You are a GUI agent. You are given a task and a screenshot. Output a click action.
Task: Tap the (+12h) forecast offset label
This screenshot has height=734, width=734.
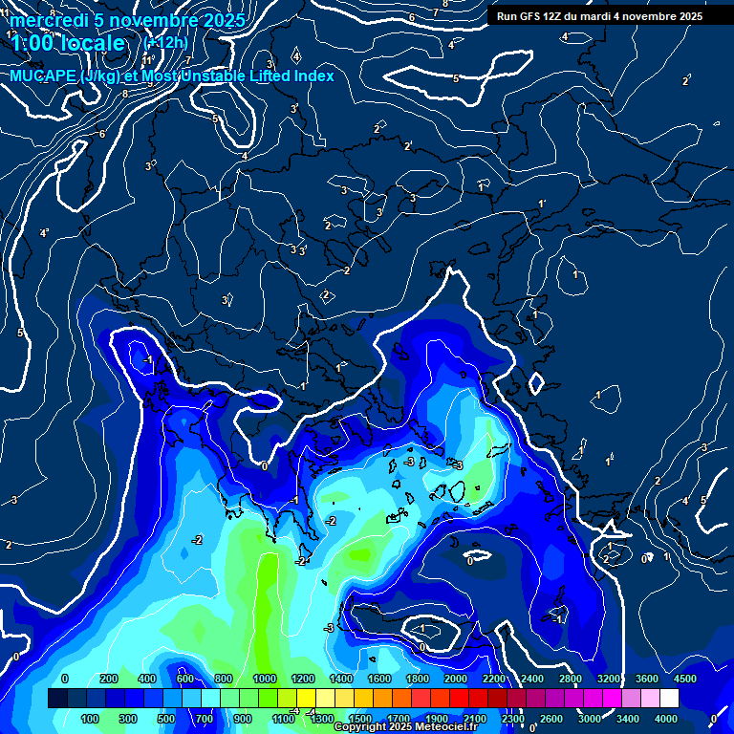[x=165, y=43]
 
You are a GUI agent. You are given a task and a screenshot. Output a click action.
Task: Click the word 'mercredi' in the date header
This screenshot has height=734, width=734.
[x=48, y=20]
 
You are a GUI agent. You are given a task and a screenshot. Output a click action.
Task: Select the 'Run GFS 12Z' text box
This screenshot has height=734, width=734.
[x=599, y=16]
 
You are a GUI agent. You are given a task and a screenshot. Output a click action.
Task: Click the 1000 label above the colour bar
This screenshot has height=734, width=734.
[x=265, y=679]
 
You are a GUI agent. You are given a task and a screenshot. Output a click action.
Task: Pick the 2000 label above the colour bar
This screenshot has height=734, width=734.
[x=456, y=679]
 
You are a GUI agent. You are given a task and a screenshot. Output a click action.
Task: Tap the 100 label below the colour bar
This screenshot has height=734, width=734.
[x=90, y=719]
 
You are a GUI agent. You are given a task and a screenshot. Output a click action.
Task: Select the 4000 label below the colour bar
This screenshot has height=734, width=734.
[x=666, y=719]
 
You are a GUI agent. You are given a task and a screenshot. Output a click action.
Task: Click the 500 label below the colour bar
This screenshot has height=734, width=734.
[x=166, y=719]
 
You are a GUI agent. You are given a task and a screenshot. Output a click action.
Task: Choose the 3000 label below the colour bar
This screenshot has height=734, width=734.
[x=590, y=719]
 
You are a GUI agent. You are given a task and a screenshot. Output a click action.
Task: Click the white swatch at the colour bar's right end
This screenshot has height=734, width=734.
[x=669, y=699]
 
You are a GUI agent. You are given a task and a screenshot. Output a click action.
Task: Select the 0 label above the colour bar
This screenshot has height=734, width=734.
[x=64, y=679]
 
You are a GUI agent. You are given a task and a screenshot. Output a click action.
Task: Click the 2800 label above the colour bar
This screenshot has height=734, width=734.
[x=571, y=679]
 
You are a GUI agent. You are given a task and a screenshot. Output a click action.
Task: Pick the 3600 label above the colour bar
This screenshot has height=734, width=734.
[x=647, y=679]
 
